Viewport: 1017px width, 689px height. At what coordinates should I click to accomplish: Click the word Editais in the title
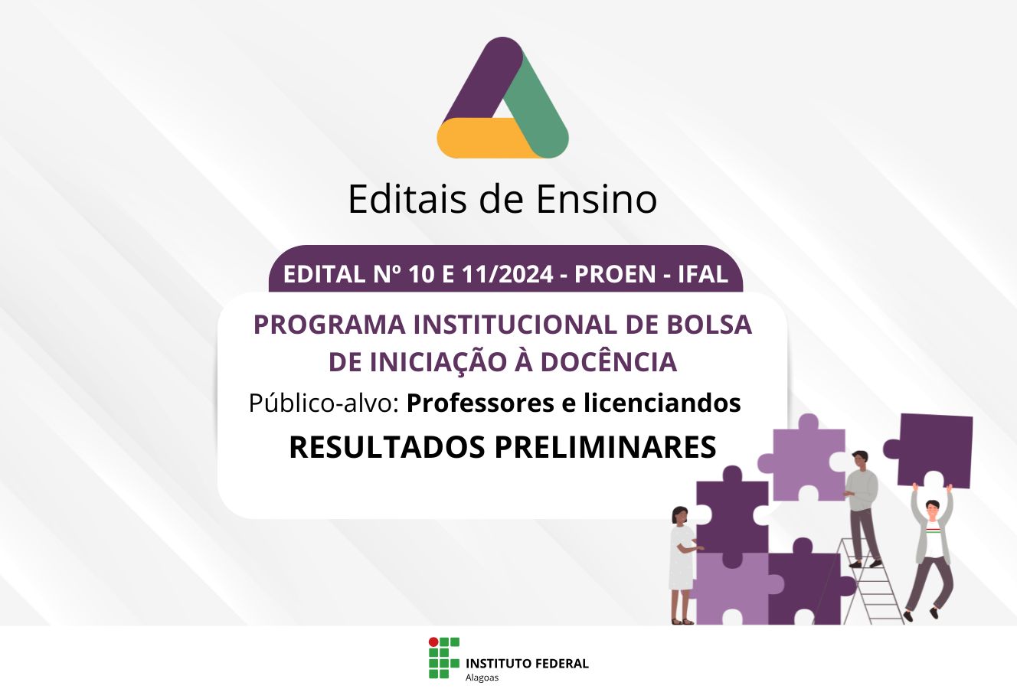407,199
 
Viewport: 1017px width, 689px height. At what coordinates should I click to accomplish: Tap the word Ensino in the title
597,199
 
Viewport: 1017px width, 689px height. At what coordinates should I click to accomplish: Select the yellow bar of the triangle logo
488,138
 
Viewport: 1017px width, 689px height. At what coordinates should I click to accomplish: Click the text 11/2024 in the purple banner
508,274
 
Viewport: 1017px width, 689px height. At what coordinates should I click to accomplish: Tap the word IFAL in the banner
703,274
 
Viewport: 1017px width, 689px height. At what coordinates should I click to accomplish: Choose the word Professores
480,403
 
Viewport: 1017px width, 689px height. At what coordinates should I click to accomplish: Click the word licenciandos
662,403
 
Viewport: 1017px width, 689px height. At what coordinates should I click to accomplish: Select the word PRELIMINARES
605,447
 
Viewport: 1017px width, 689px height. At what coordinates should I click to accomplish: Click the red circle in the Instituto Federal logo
433,642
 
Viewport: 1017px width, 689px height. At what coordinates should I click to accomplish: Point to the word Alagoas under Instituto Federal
482,678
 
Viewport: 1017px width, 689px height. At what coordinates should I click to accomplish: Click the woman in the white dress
682,565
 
